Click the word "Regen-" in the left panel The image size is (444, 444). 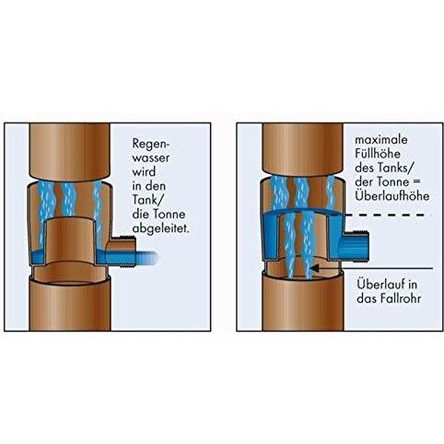tap(151, 144)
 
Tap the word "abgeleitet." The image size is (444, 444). tap(161, 229)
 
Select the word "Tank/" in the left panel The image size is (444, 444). tap(147, 200)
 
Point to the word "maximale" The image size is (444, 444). tap(381, 140)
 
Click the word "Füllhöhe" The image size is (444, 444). tap(378, 154)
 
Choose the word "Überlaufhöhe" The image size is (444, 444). tap(392, 195)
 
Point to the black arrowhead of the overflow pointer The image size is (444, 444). tap(315, 268)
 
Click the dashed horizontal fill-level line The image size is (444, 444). tap(384, 216)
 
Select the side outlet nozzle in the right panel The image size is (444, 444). tap(356, 247)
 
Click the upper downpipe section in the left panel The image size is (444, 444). tap(70, 151)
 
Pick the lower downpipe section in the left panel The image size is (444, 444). tap(70, 303)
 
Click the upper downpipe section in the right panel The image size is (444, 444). tap(303, 149)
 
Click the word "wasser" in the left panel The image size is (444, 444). tap(151, 158)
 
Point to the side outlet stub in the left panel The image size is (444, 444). tap(121, 251)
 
